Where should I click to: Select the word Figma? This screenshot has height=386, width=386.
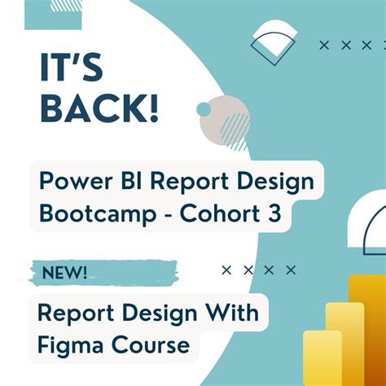click(x=72, y=344)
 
